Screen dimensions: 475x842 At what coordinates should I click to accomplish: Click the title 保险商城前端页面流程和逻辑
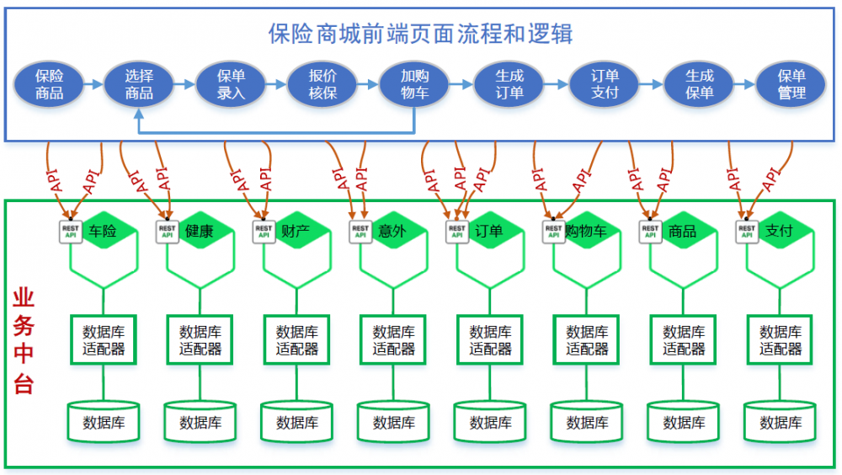420,34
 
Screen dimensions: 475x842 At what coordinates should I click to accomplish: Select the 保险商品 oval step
50,84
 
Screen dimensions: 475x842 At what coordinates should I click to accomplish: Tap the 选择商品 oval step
140,84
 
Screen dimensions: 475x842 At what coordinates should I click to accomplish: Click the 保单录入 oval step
231,84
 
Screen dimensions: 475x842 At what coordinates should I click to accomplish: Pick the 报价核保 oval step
323,84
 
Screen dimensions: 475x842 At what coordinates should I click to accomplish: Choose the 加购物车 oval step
414,84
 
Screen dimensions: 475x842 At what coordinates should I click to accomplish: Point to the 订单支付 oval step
605,84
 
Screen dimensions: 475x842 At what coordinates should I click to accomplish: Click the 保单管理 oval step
791,84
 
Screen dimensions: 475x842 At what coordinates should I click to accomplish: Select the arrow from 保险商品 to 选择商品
94,84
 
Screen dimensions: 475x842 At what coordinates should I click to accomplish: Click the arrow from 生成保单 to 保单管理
744,84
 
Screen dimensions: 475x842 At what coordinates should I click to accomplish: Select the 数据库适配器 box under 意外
394,339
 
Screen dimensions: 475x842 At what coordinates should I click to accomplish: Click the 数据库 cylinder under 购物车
587,422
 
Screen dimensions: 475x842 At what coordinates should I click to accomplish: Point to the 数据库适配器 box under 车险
104,339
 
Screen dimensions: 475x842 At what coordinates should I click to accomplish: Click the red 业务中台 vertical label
24,341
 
